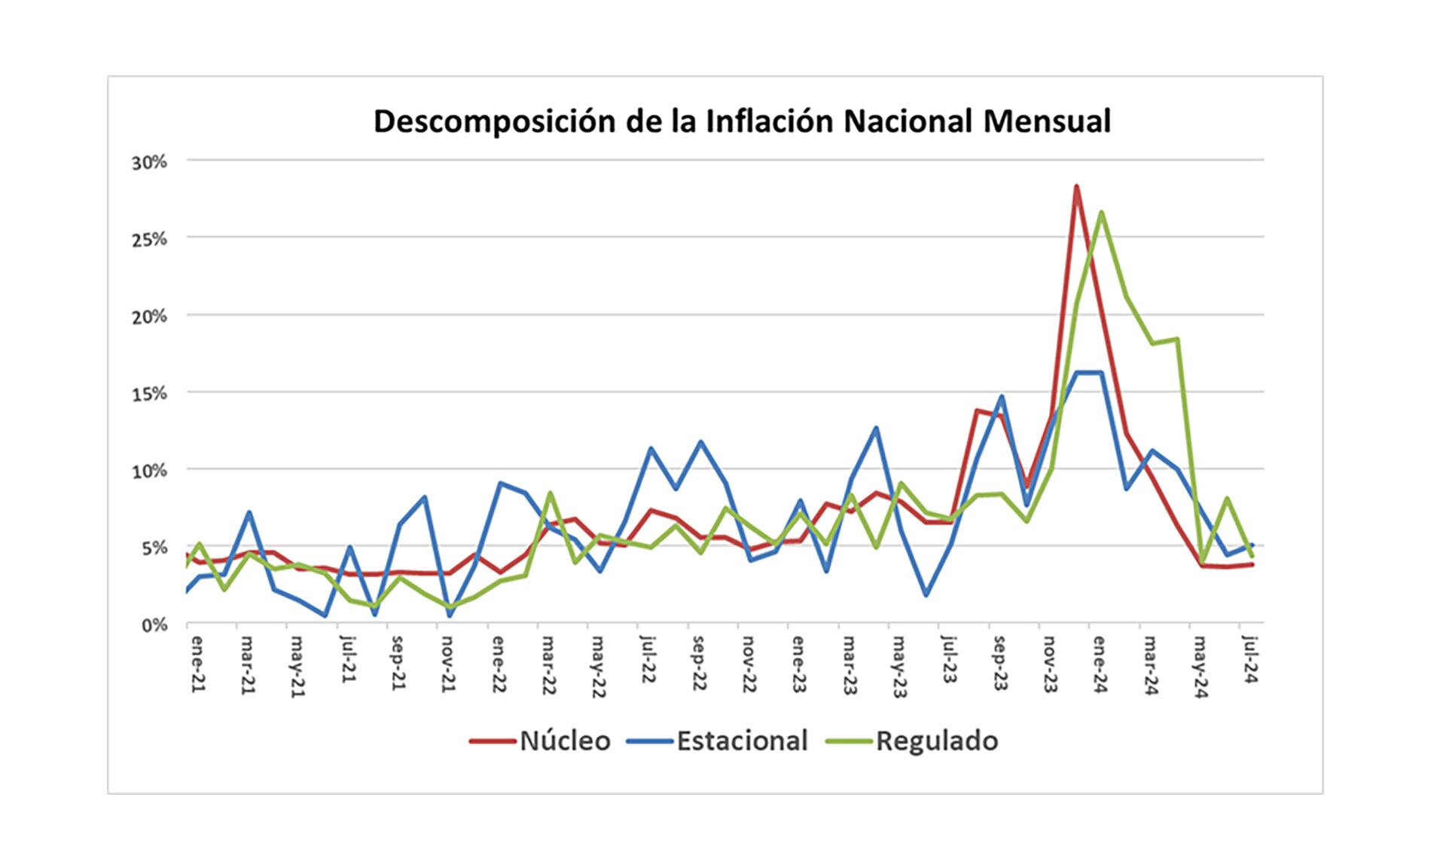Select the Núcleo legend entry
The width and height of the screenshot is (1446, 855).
pyautogui.click(x=565, y=741)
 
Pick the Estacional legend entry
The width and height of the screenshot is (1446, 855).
pyautogui.click(x=742, y=741)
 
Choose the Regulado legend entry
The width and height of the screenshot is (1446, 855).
pyautogui.click(x=937, y=741)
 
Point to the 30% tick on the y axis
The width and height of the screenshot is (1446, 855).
pyautogui.click(x=149, y=162)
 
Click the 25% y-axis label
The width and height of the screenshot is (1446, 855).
pyautogui.click(x=149, y=240)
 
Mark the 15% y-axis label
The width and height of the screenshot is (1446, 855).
pyautogui.click(x=149, y=393)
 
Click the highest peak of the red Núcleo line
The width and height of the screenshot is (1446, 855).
pyautogui.click(x=1076, y=186)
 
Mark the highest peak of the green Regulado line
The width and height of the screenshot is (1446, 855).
pyautogui.click(x=1101, y=212)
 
